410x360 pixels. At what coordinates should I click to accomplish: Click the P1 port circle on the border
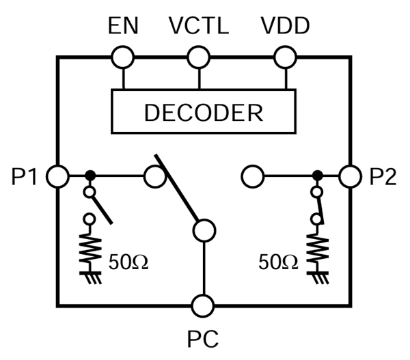tap(57, 177)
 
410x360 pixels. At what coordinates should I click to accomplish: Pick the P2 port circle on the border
tap(351, 177)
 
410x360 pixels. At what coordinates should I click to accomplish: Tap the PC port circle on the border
tap(203, 305)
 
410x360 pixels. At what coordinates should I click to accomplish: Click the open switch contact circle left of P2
tap(253, 177)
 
